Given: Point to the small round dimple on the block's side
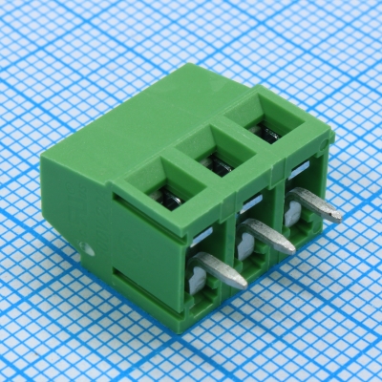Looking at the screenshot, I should coord(89,251).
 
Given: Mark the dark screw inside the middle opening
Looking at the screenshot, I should coord(219,167).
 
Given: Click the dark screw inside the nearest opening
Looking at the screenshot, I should coord(169,200).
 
